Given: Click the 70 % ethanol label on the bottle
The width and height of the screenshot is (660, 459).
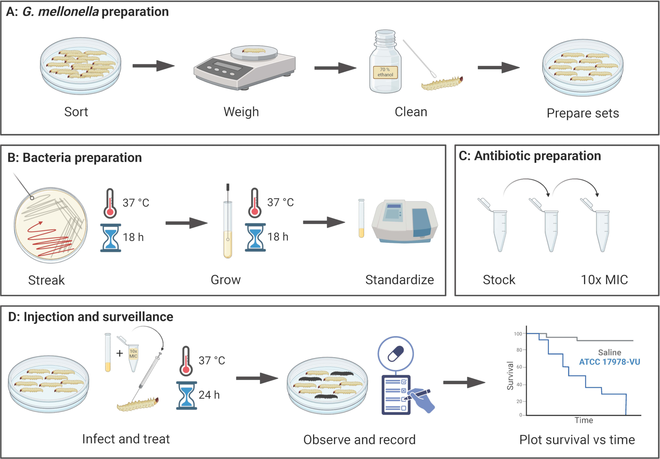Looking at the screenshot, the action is tap(385, 72).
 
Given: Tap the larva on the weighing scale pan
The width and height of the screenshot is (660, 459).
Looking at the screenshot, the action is tap(254, 51).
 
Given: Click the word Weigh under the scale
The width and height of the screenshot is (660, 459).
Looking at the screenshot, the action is tap(241, 112).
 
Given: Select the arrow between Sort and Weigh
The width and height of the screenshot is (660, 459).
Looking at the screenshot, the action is tap(153, 66).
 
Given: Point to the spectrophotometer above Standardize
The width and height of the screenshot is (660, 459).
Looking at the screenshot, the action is tap(405, 221).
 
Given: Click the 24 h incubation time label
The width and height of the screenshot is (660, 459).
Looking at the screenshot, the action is tap(209, 395).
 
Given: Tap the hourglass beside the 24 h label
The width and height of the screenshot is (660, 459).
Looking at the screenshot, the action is tap(186, 395).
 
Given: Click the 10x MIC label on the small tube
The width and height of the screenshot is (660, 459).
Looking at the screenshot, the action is tap(133, 354).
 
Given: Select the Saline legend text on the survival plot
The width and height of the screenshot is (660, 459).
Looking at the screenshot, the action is tap(610, 352).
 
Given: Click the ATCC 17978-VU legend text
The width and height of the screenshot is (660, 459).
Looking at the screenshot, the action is tap(610, 362).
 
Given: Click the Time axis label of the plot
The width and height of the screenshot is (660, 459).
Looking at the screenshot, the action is tap(584, 420).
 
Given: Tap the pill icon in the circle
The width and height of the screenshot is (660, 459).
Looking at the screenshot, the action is tap(396, 354).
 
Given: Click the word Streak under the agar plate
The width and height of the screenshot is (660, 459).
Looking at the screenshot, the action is tap(47, 280).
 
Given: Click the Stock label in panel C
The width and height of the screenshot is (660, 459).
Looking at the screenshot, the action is tap(499, 280).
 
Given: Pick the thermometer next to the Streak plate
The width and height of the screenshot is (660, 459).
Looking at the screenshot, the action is tap(110, 203).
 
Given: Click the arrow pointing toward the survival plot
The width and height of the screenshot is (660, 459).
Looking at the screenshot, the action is tap(464, 383).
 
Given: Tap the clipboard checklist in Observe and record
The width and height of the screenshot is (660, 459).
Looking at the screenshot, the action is tap(396, 395).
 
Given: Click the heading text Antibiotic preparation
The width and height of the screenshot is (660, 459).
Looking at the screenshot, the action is tap(538, 156).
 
